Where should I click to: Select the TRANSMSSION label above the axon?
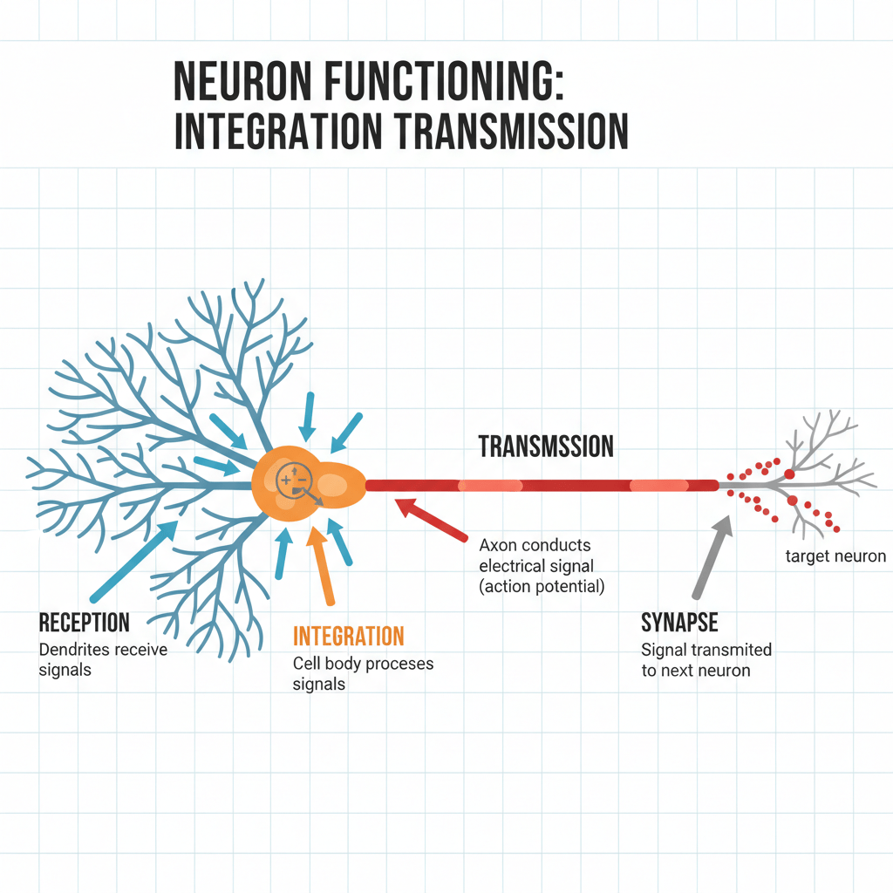click(x=546, y=447)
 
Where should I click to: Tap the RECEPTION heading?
click(x=85, y=623)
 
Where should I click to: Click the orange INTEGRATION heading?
click(x=349, y=636)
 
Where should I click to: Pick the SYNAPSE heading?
click(x=679, y=623)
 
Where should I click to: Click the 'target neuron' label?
click(x=835, y=556)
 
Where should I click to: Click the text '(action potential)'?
click(x=542, y=586)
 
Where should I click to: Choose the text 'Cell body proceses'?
click(x=363, y=664)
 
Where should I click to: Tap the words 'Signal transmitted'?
click(x=706, y=650)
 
